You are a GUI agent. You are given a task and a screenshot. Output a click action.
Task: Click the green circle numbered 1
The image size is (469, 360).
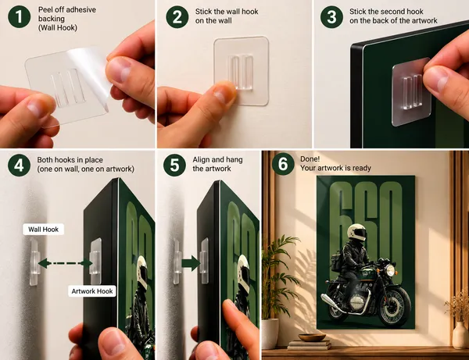coord(19,16)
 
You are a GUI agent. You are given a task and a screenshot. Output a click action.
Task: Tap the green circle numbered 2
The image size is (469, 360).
coord(177,16)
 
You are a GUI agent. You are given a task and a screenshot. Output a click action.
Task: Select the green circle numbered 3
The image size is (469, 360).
coord(331,16)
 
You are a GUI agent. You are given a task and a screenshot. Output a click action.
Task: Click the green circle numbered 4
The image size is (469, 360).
coord(19,166)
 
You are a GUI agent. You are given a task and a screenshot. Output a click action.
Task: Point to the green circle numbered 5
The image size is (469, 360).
coord(174,166)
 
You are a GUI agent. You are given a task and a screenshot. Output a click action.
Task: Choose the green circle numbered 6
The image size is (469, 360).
coord(283,164)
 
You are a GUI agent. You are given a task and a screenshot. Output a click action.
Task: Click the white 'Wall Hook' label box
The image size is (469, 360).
coord(43,229)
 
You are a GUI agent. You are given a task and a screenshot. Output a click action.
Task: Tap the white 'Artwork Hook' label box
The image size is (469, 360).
coord(91,291)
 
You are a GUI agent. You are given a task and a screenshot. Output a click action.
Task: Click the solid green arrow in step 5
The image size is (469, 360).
coord(191,263)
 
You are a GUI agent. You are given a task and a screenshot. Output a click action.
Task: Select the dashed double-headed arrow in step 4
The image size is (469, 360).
coord(65,263)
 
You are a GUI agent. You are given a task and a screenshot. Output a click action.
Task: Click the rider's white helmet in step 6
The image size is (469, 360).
coord(357,232)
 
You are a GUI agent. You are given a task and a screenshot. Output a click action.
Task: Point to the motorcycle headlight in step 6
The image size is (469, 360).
coord(390,270)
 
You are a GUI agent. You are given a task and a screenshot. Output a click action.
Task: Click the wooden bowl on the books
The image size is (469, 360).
coord(312,337)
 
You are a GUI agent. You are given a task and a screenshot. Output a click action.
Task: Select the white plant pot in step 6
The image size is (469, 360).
coord(270,333)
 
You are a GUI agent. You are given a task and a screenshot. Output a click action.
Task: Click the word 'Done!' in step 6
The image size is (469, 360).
coord(310,159)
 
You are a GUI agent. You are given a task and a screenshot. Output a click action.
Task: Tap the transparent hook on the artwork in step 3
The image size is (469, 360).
coord(412,92)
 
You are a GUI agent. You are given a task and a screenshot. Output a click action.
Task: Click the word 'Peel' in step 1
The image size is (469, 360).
coord(45,9)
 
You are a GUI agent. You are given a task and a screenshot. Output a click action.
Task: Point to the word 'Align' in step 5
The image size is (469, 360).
coord(201,160)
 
